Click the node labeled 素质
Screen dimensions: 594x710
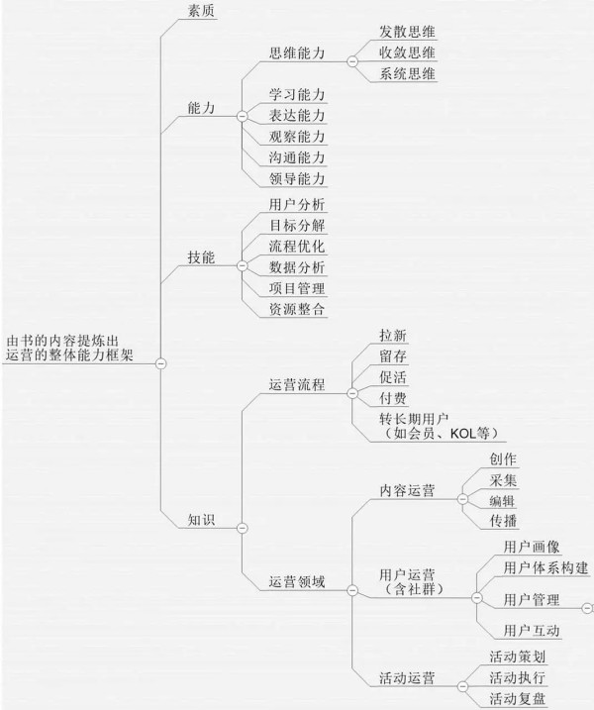[201, 11]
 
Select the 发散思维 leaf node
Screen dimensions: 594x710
[407, 32]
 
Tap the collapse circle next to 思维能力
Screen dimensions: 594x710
[352, 61]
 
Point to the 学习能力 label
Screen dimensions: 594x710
[297, 95]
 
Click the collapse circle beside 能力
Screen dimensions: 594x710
[243, 117]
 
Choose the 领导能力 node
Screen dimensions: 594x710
[297, 179]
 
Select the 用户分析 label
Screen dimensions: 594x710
[297, 205]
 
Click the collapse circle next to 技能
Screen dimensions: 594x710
[243, 265]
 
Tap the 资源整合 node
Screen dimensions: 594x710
[297, 310]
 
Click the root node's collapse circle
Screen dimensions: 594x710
[160, 363]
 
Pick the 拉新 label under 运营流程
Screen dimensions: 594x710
[393, 336]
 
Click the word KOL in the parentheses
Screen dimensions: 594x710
[463, 434]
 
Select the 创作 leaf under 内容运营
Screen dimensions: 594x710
[503, 459]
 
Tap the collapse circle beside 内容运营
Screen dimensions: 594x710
[462, 499]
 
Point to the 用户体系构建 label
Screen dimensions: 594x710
[546, 567]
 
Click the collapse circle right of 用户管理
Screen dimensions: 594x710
[587, 608]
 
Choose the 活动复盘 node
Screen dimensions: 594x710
[517, 699]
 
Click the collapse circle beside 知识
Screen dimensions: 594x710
[243, 528]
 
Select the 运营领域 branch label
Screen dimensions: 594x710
[297, 582]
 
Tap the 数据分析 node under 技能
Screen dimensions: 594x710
[297, 267]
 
